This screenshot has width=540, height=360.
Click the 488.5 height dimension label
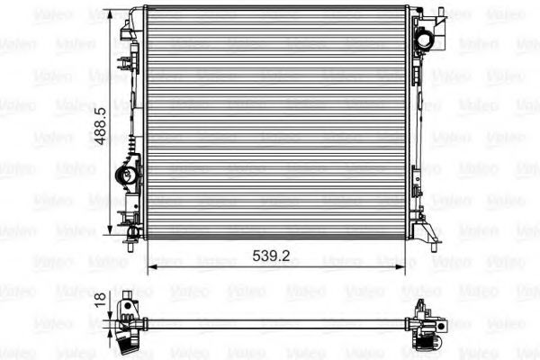pos(100,127)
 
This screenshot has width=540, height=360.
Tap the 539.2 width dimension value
pos(272,256)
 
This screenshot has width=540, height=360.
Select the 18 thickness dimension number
pos(100,300)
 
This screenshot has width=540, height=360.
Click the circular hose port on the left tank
pos(125,175)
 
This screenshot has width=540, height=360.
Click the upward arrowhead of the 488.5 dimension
pos(110,14)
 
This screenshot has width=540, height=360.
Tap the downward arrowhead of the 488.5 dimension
pos(110,230)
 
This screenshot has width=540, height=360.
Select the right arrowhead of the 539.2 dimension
pos(400,267)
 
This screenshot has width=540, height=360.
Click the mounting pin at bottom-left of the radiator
pos(130,247)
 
